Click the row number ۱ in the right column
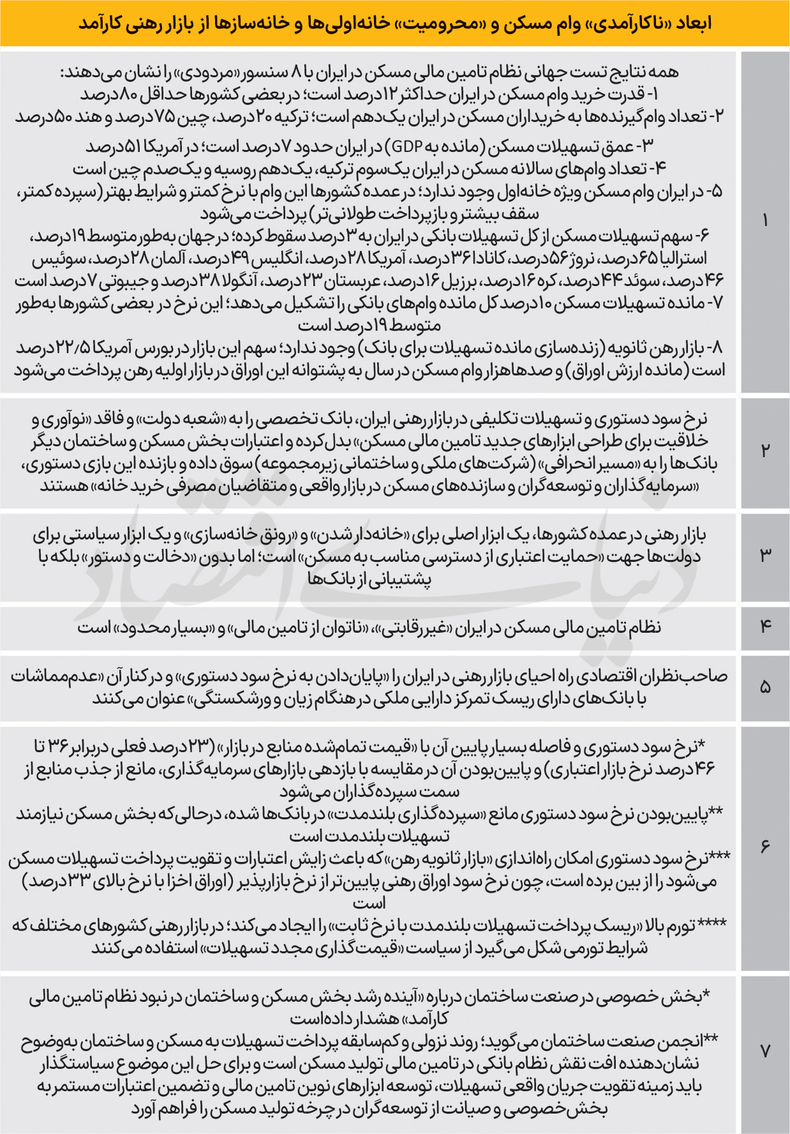pyautogui.click(x=765, y=221)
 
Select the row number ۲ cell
pyautogui.click(x=765, y=451)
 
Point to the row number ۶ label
pyautogui.click(x=765, y=847)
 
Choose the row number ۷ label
pyautogui.click(x=765, y=1051)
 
